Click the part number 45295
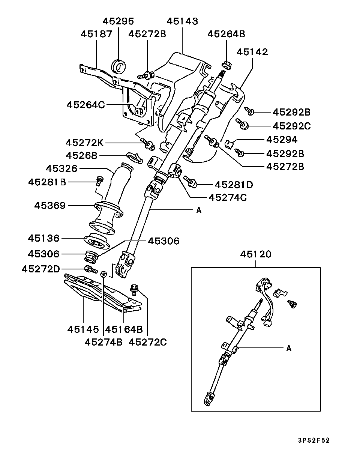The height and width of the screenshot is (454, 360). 118,21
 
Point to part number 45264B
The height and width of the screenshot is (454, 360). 226,34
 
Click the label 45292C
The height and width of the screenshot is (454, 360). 291,126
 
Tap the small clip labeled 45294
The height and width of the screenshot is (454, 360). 230,143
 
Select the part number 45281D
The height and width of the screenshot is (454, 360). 234,185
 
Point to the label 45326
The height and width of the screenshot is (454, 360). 61,169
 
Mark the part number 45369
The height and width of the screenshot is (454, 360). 50,206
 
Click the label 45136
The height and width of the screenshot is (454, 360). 43,238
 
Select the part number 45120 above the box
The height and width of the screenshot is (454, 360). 256,254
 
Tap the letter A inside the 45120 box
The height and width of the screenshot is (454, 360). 288,348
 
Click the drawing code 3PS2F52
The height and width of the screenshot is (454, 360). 314,440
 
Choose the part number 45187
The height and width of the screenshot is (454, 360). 96,34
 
